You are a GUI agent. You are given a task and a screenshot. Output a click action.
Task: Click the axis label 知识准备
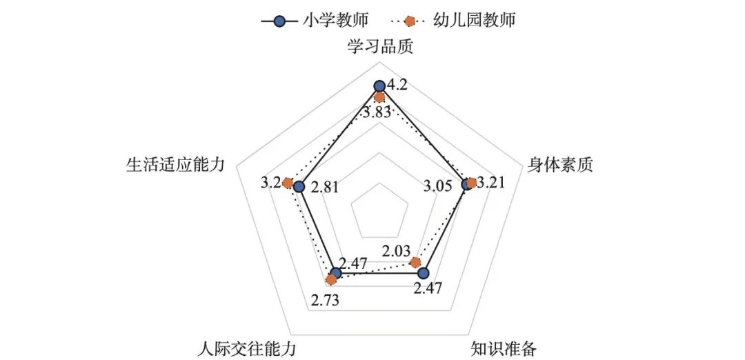point(503,347)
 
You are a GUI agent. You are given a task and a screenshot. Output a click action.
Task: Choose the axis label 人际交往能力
point(246,347)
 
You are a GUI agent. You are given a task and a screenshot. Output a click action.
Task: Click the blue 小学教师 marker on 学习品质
point(379,86)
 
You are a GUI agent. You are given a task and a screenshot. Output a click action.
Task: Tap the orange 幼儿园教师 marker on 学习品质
point(379,98)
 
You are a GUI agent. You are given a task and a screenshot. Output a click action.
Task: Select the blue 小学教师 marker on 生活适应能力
point(299,187)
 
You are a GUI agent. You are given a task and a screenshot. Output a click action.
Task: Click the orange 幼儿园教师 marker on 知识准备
point(415,263)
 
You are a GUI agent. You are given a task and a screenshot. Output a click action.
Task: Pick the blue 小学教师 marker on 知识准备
point(424,273)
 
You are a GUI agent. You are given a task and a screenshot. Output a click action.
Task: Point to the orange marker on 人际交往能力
point(332,279)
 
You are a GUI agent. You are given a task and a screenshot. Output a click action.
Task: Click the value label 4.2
point(398,86)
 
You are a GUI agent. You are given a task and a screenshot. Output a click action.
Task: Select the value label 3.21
point(492,183)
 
